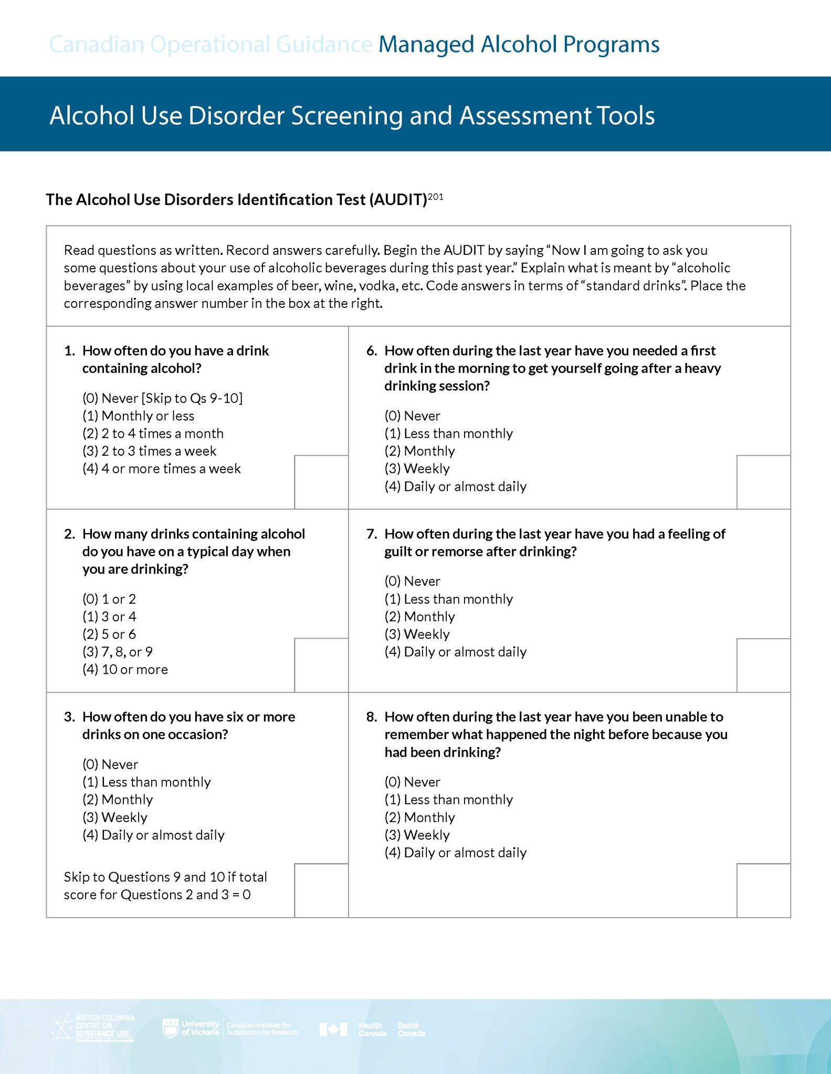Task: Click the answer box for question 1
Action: [321, 482]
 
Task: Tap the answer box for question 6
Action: [763, 482]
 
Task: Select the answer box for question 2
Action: [321, 665]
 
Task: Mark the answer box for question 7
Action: [763, 665]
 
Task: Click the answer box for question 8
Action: [763, 890]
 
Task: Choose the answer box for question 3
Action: [321, 890]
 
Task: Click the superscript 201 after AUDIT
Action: [436, 197]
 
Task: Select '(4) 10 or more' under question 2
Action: [125, 670]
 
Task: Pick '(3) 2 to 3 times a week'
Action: [149, 451]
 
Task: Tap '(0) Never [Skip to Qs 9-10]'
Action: [162, 399]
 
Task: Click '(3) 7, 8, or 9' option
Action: [118, 652]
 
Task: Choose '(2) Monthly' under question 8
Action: [419, 818]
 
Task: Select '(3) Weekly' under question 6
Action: [417, 469]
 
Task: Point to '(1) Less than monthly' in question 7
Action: [448, 599]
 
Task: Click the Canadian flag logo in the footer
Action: [333, 1029]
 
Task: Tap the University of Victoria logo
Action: [191, 1028]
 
